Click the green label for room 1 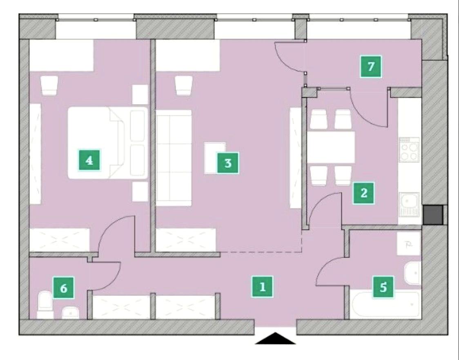point(263,287)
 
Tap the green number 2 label point(363,193)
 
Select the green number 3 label point(228,163)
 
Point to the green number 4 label point(89,160)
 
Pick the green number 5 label point(383,287)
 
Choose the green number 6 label point(64,288)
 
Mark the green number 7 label point(371,67)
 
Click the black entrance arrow point(275,338)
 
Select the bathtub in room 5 point(385,304)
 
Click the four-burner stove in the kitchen point(409,149)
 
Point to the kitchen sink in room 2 point(409,204)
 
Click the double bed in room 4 point(108,142)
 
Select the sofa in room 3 point(174,158)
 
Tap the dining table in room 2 point(331,147)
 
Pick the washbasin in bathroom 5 point(413,273)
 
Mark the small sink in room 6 point(71,313)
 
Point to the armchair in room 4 point(49,85)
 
